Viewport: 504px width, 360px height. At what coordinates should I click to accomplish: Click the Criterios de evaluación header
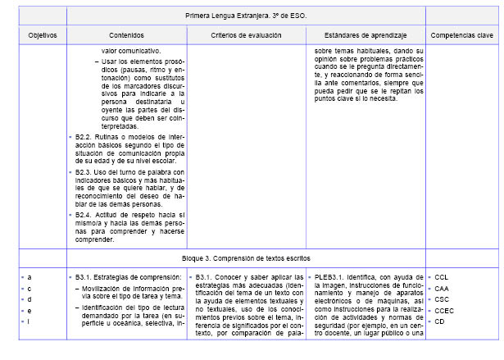tap(246, 35)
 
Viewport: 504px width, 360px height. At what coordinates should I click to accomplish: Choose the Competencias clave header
tap(462, 35)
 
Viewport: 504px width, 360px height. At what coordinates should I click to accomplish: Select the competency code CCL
tap(442, 277)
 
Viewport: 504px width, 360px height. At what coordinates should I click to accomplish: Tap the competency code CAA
tap(442, 289)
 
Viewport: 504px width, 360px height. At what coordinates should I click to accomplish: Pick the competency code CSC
tap(442, 299)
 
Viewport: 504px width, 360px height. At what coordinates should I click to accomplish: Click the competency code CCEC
tap(444, 311)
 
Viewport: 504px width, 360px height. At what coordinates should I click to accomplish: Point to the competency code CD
tap(440, 321)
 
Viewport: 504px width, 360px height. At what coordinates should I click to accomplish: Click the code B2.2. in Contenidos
tap(84, 135)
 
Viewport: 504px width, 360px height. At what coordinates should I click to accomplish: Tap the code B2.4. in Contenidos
tap(84, 214)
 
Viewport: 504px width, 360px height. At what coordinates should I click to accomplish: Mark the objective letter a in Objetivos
tap(30, 277)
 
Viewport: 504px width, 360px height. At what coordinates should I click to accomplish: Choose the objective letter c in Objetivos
tap(30, 289)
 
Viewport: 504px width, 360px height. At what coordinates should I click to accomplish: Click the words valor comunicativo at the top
tap(125, 49)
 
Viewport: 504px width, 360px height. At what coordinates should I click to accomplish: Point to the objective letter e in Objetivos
tap(30, 311)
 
